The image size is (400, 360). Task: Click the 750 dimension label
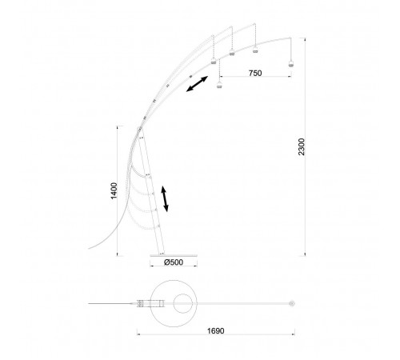point(255,73)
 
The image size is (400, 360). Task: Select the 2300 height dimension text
point(302,146)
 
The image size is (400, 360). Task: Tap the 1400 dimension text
point(114,190)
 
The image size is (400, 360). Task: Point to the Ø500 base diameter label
point(174,262)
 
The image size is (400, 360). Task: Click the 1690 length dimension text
point(216,331)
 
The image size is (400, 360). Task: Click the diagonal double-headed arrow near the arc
point(197,84)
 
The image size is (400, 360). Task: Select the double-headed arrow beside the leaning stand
point(165,199)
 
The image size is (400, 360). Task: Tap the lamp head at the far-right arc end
point(290,64)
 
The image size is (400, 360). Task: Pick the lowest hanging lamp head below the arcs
point(219,86)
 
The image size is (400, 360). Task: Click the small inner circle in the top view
point(183,294)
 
